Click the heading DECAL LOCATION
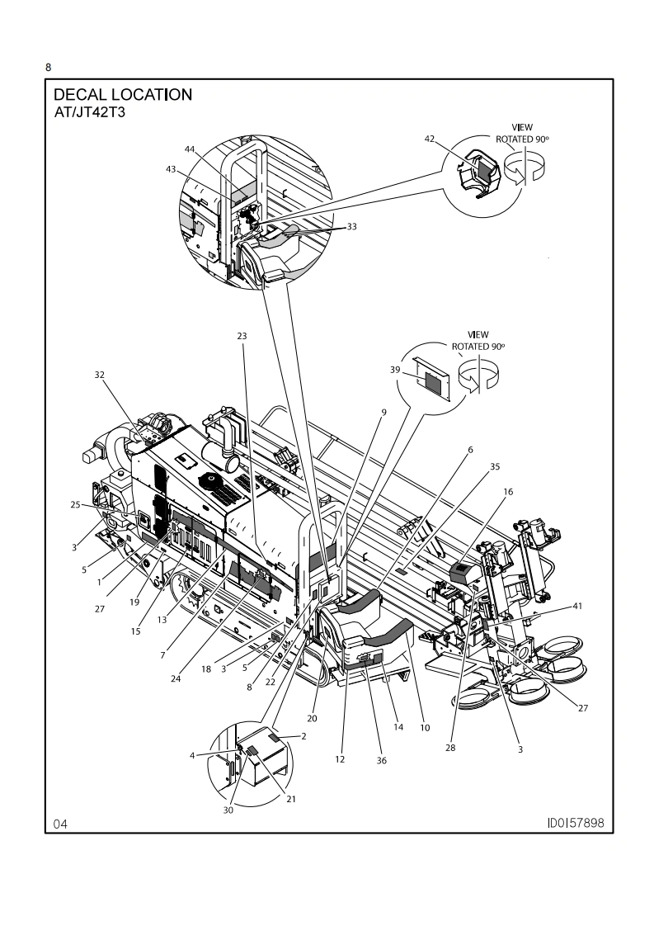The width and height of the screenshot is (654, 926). [123, 94]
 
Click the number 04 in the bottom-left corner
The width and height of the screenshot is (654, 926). [60, 824]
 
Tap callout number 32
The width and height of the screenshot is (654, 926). [100, 375]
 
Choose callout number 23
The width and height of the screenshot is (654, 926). [241, 337]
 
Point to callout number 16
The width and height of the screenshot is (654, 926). [508, 491]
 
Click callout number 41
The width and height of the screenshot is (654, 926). [576, 607]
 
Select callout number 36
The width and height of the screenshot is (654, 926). [381, 760]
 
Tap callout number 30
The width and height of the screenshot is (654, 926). [228, 810]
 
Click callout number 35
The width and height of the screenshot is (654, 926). [495, 466]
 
